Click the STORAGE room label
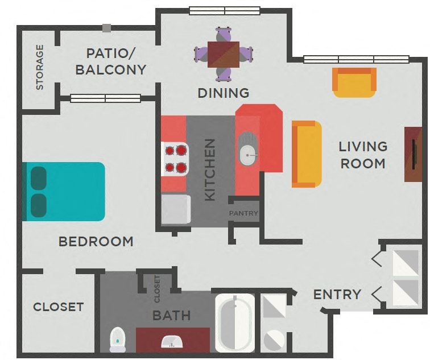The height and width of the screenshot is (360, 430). (40, 67)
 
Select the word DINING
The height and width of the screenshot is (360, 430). (224, 93)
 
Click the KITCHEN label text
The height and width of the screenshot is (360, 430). (210, 169)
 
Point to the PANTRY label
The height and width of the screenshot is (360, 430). (243, 213)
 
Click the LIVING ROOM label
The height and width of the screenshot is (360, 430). (363, 155)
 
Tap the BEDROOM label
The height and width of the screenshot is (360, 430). (96, 242)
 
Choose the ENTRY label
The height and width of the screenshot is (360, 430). (337, 294)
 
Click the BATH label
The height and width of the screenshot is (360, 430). (171, 315)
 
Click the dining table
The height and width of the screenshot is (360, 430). (224, 54)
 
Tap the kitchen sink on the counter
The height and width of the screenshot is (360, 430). (247, 148)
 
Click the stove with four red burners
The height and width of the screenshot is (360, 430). (176, 159)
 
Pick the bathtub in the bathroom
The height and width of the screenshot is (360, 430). (235, 322)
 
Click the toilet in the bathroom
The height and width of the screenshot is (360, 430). (117, 340)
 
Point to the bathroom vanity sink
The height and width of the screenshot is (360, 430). (172, 341)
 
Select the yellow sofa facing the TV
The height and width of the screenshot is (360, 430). (306, 154)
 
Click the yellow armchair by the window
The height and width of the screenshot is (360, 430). (354, 82)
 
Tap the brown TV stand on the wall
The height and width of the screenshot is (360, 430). (413, 154)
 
